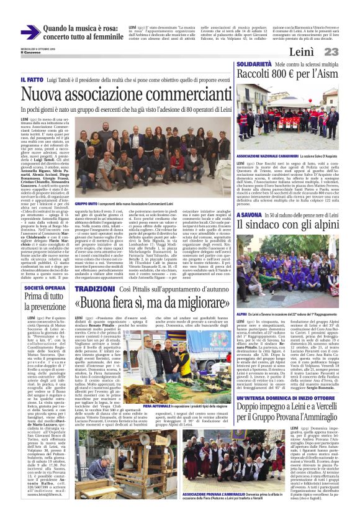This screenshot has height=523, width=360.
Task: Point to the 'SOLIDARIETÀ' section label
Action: coord(253,65)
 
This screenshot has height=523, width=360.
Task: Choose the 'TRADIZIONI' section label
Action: coord(94,290)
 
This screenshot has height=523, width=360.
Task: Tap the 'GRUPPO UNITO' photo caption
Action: coord(86,204)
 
